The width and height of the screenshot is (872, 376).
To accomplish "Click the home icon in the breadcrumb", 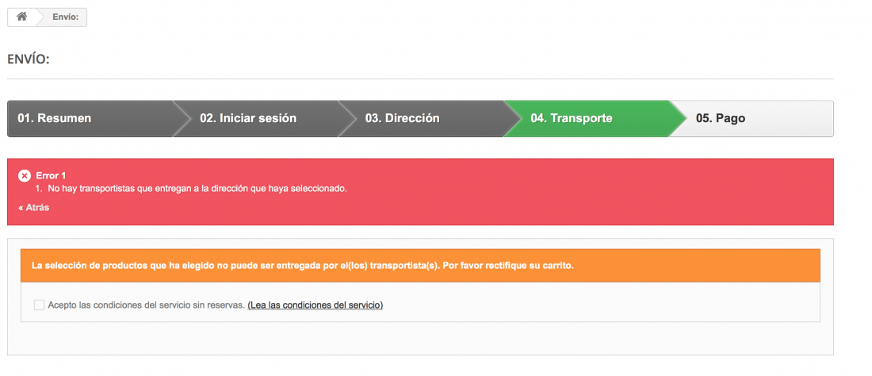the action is pos(21,17).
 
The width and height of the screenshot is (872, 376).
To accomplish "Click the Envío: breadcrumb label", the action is pos(66,17).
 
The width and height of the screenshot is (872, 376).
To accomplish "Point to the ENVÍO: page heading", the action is pos(29,59).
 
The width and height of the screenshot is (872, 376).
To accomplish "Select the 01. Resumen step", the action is pos(55,118).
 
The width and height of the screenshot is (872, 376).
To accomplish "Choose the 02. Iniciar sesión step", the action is pos(248,118).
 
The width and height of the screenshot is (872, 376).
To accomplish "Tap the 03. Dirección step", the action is pos(402,118).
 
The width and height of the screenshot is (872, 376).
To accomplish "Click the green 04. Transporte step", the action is pos(571,118).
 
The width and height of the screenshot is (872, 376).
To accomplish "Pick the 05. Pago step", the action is pos(720,118).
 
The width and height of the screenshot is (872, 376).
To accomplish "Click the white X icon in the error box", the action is pos(25,176).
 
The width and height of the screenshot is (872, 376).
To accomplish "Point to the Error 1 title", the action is pos(52,176).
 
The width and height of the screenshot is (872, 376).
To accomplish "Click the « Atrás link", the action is pos(34,208).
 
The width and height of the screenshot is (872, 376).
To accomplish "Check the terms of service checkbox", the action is pos(39,305).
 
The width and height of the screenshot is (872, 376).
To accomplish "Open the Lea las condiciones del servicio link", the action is pos(316,305).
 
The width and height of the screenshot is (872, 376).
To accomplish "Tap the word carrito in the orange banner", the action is pos(559,265).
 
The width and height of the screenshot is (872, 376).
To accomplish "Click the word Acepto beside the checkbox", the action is pos(63,305).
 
